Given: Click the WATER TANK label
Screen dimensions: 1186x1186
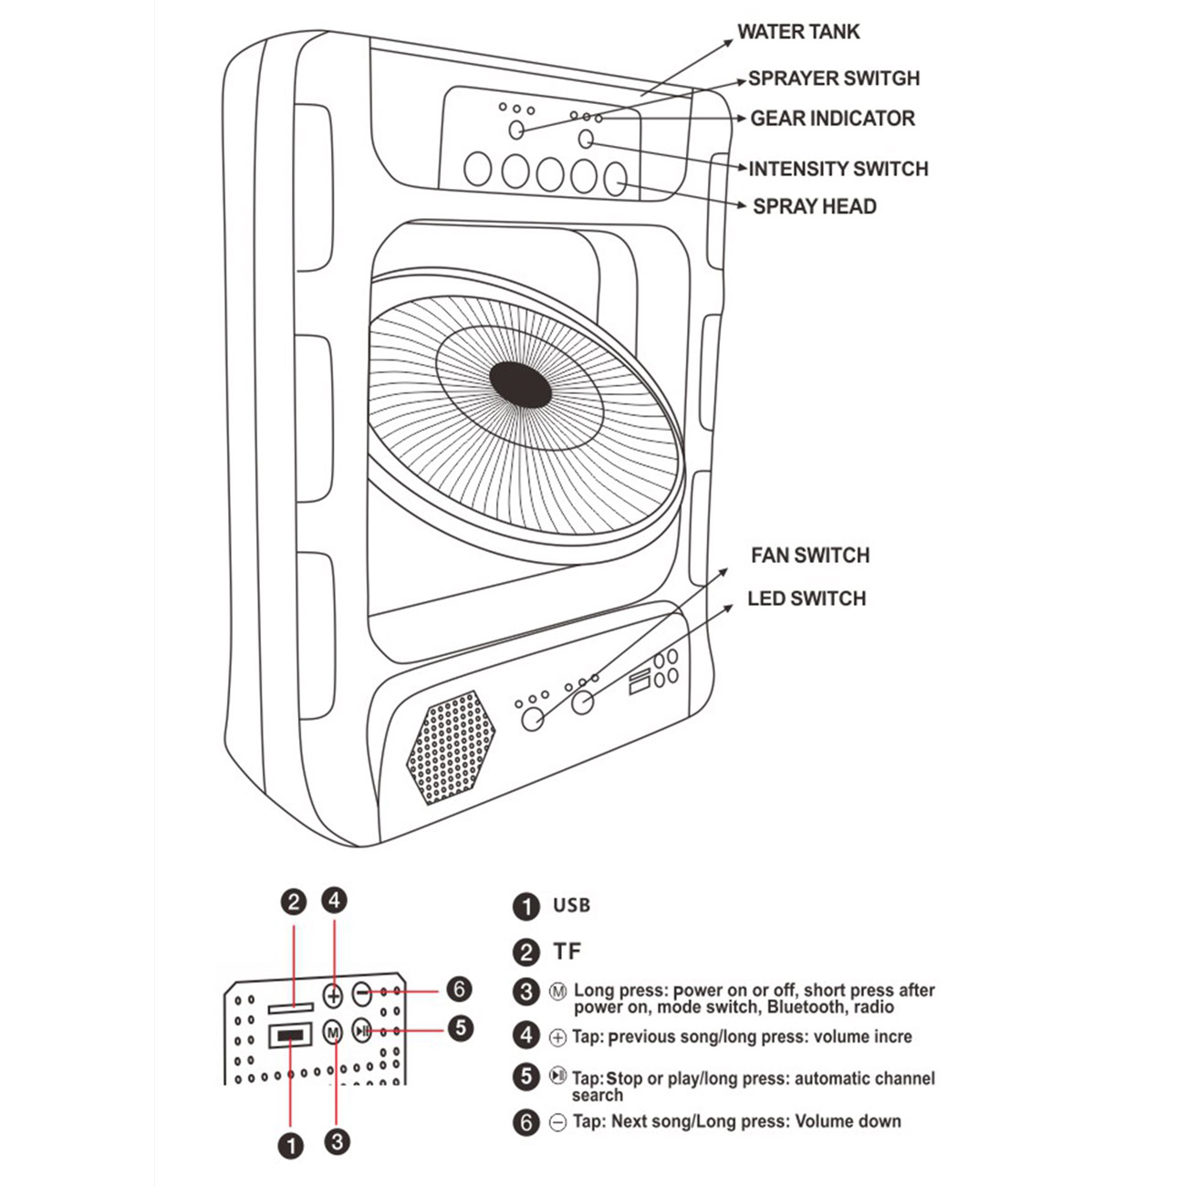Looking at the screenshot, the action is tap(798, 31).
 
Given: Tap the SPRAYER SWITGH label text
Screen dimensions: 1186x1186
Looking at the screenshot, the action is tap(834, 78).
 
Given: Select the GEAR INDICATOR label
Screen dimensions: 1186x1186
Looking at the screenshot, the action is tap(832, 119).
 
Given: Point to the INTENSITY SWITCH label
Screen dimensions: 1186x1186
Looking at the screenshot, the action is tap(838, 169).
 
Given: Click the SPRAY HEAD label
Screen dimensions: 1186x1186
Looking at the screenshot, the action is tap(815, 206).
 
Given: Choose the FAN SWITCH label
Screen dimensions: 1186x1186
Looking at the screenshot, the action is tap(810, 556).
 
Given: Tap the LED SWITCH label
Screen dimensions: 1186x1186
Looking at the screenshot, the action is tap(806, 598).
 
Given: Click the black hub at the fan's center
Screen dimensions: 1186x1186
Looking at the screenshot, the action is tap(520, 385).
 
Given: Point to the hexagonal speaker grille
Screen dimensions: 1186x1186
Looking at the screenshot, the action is tap(451, 748).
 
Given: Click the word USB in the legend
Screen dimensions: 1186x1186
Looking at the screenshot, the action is tap(571, 905).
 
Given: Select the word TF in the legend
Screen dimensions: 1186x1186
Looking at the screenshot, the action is tap(567, 952).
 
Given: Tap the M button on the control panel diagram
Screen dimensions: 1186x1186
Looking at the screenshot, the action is tap(333, 1032).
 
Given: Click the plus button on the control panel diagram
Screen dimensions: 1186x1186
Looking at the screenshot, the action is tap(333, 994).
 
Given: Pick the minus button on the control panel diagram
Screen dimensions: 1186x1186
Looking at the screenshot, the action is tap(362, 993).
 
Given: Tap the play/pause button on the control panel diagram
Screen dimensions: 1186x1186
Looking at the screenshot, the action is tap(362, 1030).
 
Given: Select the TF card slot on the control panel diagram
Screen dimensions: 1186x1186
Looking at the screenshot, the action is tap(291, 1007).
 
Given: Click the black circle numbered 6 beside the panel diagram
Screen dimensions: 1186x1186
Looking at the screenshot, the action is tap(459, 990).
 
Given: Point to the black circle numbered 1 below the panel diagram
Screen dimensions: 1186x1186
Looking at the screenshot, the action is tap(291, 1146).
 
